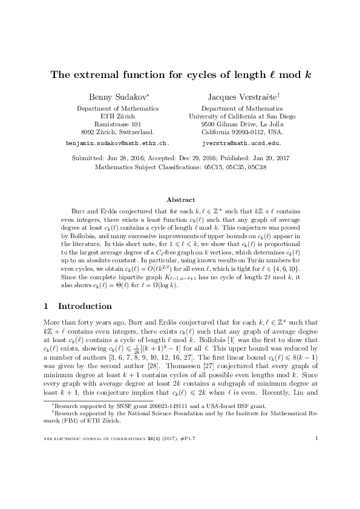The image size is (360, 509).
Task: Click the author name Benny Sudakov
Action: [115, 97]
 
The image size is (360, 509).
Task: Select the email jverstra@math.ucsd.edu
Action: [241, 144]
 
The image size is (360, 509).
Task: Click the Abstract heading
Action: [180, 199]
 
